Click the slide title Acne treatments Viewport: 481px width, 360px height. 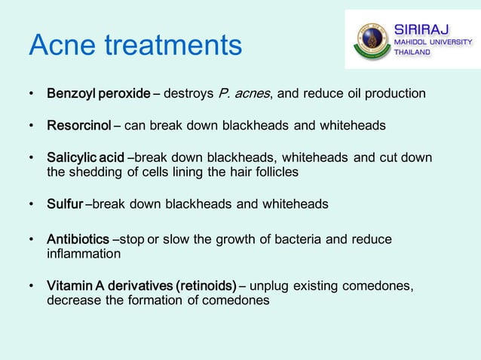point(136,46)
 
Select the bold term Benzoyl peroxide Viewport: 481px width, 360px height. point(99,94)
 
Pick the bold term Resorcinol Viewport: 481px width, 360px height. point(79,125)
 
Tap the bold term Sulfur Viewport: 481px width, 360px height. point(66,204)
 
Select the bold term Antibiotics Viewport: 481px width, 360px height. point(78,239)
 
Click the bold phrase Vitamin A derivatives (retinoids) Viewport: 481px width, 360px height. point(141,286)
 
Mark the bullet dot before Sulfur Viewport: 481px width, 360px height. point(31,205)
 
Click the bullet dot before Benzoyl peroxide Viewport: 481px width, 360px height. point(31,95)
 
